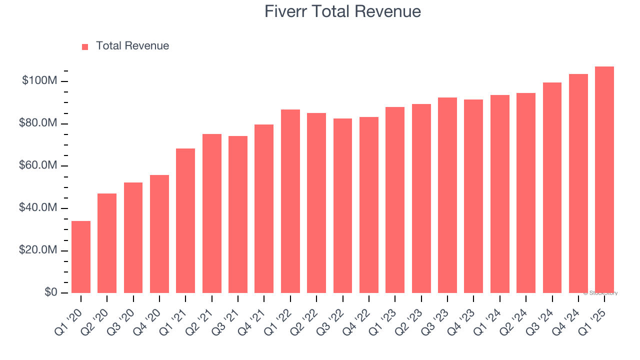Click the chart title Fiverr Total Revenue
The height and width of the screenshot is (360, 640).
point(342,11)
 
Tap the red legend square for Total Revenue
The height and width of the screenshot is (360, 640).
point(85,46)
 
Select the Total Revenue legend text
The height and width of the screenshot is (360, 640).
point(132,46)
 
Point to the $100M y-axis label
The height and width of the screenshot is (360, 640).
point(39,81)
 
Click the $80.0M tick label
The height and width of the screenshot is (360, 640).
point(38,123)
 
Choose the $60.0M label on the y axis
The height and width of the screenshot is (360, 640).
point(38,165)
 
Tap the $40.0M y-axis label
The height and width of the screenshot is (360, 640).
point(38,207)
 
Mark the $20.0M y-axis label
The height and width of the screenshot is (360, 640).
point(38,250)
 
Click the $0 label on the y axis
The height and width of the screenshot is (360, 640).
point(50,292)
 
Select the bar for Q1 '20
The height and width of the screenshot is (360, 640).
point(81,257)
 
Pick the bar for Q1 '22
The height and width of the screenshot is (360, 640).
point(290,201)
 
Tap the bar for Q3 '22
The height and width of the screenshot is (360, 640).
point(342,205)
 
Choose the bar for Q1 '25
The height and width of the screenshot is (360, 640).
point(604,180)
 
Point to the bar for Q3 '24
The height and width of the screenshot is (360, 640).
point(552,187)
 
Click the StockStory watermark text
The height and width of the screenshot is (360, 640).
point(600,293)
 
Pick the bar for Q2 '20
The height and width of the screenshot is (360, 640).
point(107,243)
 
